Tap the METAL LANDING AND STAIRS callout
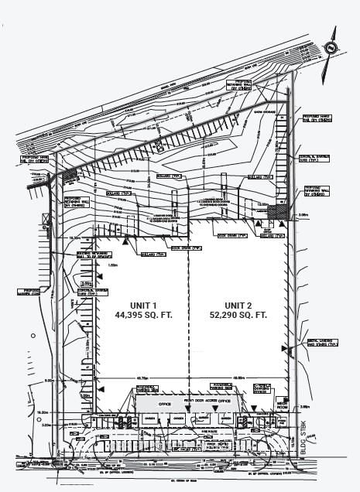pos(321,343)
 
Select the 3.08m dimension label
pos(303,214)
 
